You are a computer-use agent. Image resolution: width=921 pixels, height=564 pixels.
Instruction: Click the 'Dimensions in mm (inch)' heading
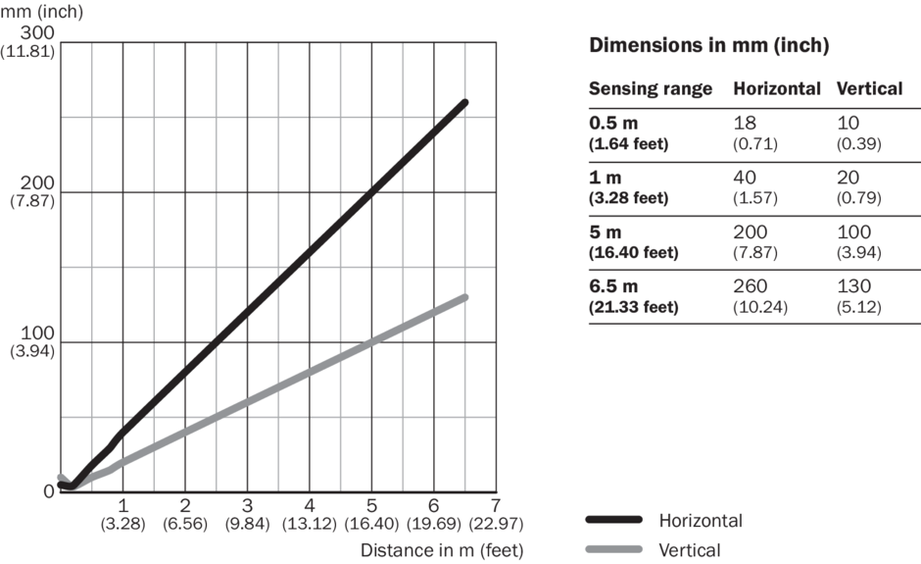[709, 46]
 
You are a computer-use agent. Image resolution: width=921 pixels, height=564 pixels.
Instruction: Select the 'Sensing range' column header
[650, 89]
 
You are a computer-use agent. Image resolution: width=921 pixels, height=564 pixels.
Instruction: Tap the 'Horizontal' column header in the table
[777, 89]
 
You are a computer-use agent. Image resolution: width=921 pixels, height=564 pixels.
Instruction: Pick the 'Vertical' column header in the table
[869, 89]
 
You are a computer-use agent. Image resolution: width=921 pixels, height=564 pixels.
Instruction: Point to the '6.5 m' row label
[613, 286]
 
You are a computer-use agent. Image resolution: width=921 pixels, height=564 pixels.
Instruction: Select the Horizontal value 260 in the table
[751, 286]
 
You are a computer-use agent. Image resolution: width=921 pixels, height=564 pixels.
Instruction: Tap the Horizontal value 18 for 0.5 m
[746, 125]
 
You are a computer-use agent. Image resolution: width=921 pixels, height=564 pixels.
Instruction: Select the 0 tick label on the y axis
[49, 491]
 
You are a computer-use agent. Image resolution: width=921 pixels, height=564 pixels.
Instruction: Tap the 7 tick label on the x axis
[496, 505]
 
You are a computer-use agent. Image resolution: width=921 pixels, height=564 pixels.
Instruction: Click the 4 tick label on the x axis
[310, 505]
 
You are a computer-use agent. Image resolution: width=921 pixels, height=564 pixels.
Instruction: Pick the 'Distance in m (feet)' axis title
[442, 549]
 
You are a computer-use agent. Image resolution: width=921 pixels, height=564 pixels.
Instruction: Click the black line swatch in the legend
[613, 520]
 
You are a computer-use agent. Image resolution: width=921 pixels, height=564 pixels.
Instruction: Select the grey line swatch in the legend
[613, 549]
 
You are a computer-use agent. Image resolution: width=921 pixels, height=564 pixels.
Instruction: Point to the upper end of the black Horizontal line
[463, 102]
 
